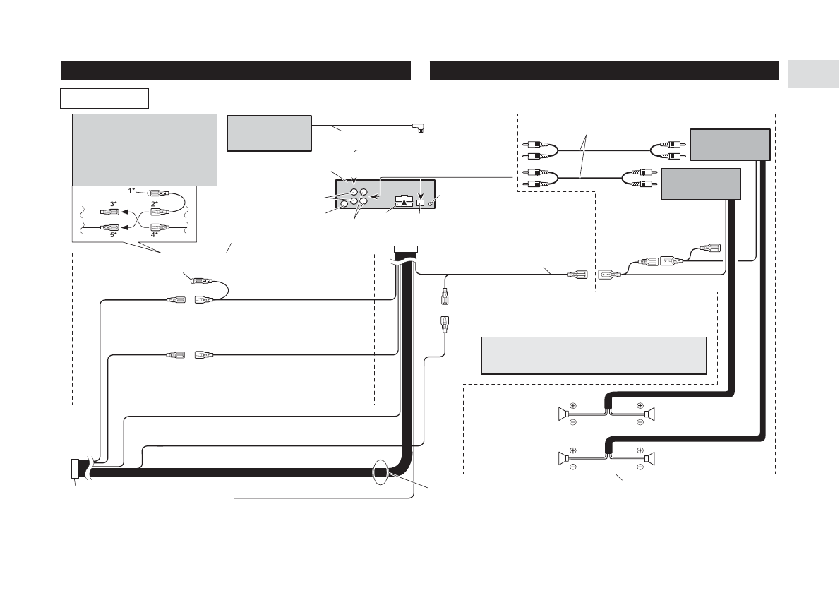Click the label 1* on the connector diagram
coord(131,190)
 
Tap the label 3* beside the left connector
coord(114,203)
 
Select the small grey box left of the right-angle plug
coord(269,133)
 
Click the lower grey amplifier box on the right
coord(701,184)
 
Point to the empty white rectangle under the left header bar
coord(104,97)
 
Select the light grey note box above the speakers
coord(593,355)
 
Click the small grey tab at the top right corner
coord(812,75)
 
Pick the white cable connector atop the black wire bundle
coord(404,249)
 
